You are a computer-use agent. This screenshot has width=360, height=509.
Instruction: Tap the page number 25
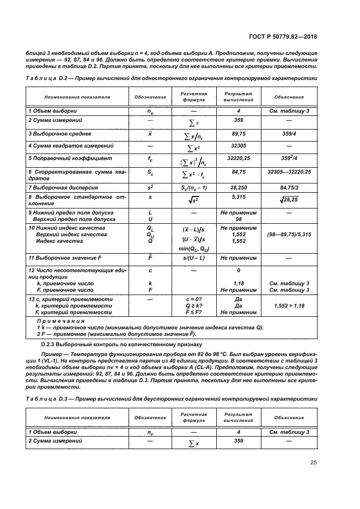pos(313,463)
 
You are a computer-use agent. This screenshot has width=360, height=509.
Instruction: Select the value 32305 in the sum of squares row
pos(237,146)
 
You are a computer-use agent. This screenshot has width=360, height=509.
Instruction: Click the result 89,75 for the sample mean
pos(237,133)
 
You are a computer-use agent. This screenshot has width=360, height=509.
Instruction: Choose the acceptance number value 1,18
pos(238,284)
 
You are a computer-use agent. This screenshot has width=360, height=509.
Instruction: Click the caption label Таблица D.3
pos(46,398)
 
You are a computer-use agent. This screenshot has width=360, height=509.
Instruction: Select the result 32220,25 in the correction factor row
pos(237,158)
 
